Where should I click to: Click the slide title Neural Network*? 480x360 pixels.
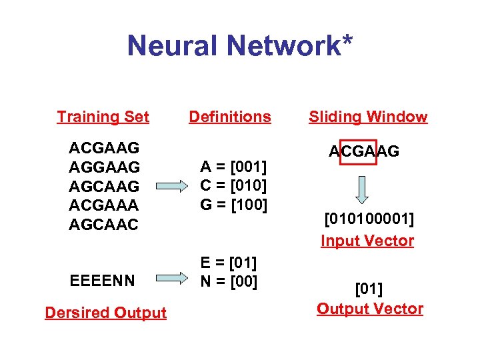click(240, 46)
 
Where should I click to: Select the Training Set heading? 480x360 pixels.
click(103, 117)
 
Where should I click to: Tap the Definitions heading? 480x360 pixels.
click(230, 117)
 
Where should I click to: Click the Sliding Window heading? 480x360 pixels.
click(368, 117)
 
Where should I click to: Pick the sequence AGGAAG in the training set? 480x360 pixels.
click(104, 166)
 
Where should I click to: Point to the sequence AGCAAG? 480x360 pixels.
click(104, 185)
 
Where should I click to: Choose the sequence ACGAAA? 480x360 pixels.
click(104, 205)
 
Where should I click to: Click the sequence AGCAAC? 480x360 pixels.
click(104, 225)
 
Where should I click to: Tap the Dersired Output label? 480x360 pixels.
click(105, 313)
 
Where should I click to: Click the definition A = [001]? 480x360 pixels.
click(233, 166)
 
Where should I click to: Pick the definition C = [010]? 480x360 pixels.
click(233, 185)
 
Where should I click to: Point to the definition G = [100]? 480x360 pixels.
click(233, 203)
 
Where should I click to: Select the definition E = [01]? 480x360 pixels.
click(228, 262)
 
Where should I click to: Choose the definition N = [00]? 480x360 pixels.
click(228, 281)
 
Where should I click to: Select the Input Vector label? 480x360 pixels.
click(367, 241)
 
